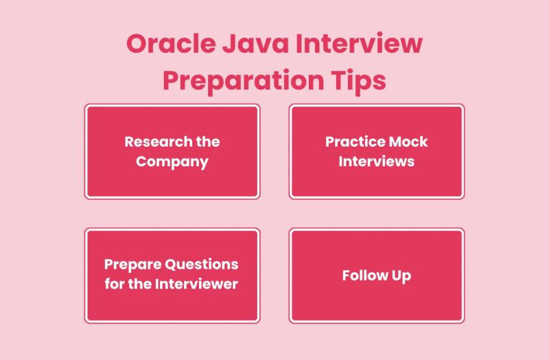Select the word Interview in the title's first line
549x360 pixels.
tap(364, 46)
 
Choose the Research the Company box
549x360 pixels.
tap(172, 152)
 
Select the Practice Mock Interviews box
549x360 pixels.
tap(376, 152)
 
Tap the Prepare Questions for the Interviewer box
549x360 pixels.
tap(172, 275)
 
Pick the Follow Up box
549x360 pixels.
tap(376, 275)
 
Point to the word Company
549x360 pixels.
tap(172, 163)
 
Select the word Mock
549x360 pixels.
tap(409, 142)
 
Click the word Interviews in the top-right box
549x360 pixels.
tap(376, 163)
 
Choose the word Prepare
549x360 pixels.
tap(132, 265)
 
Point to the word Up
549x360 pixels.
tap(402, 276)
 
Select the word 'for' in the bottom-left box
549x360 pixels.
tap(115, 284)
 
